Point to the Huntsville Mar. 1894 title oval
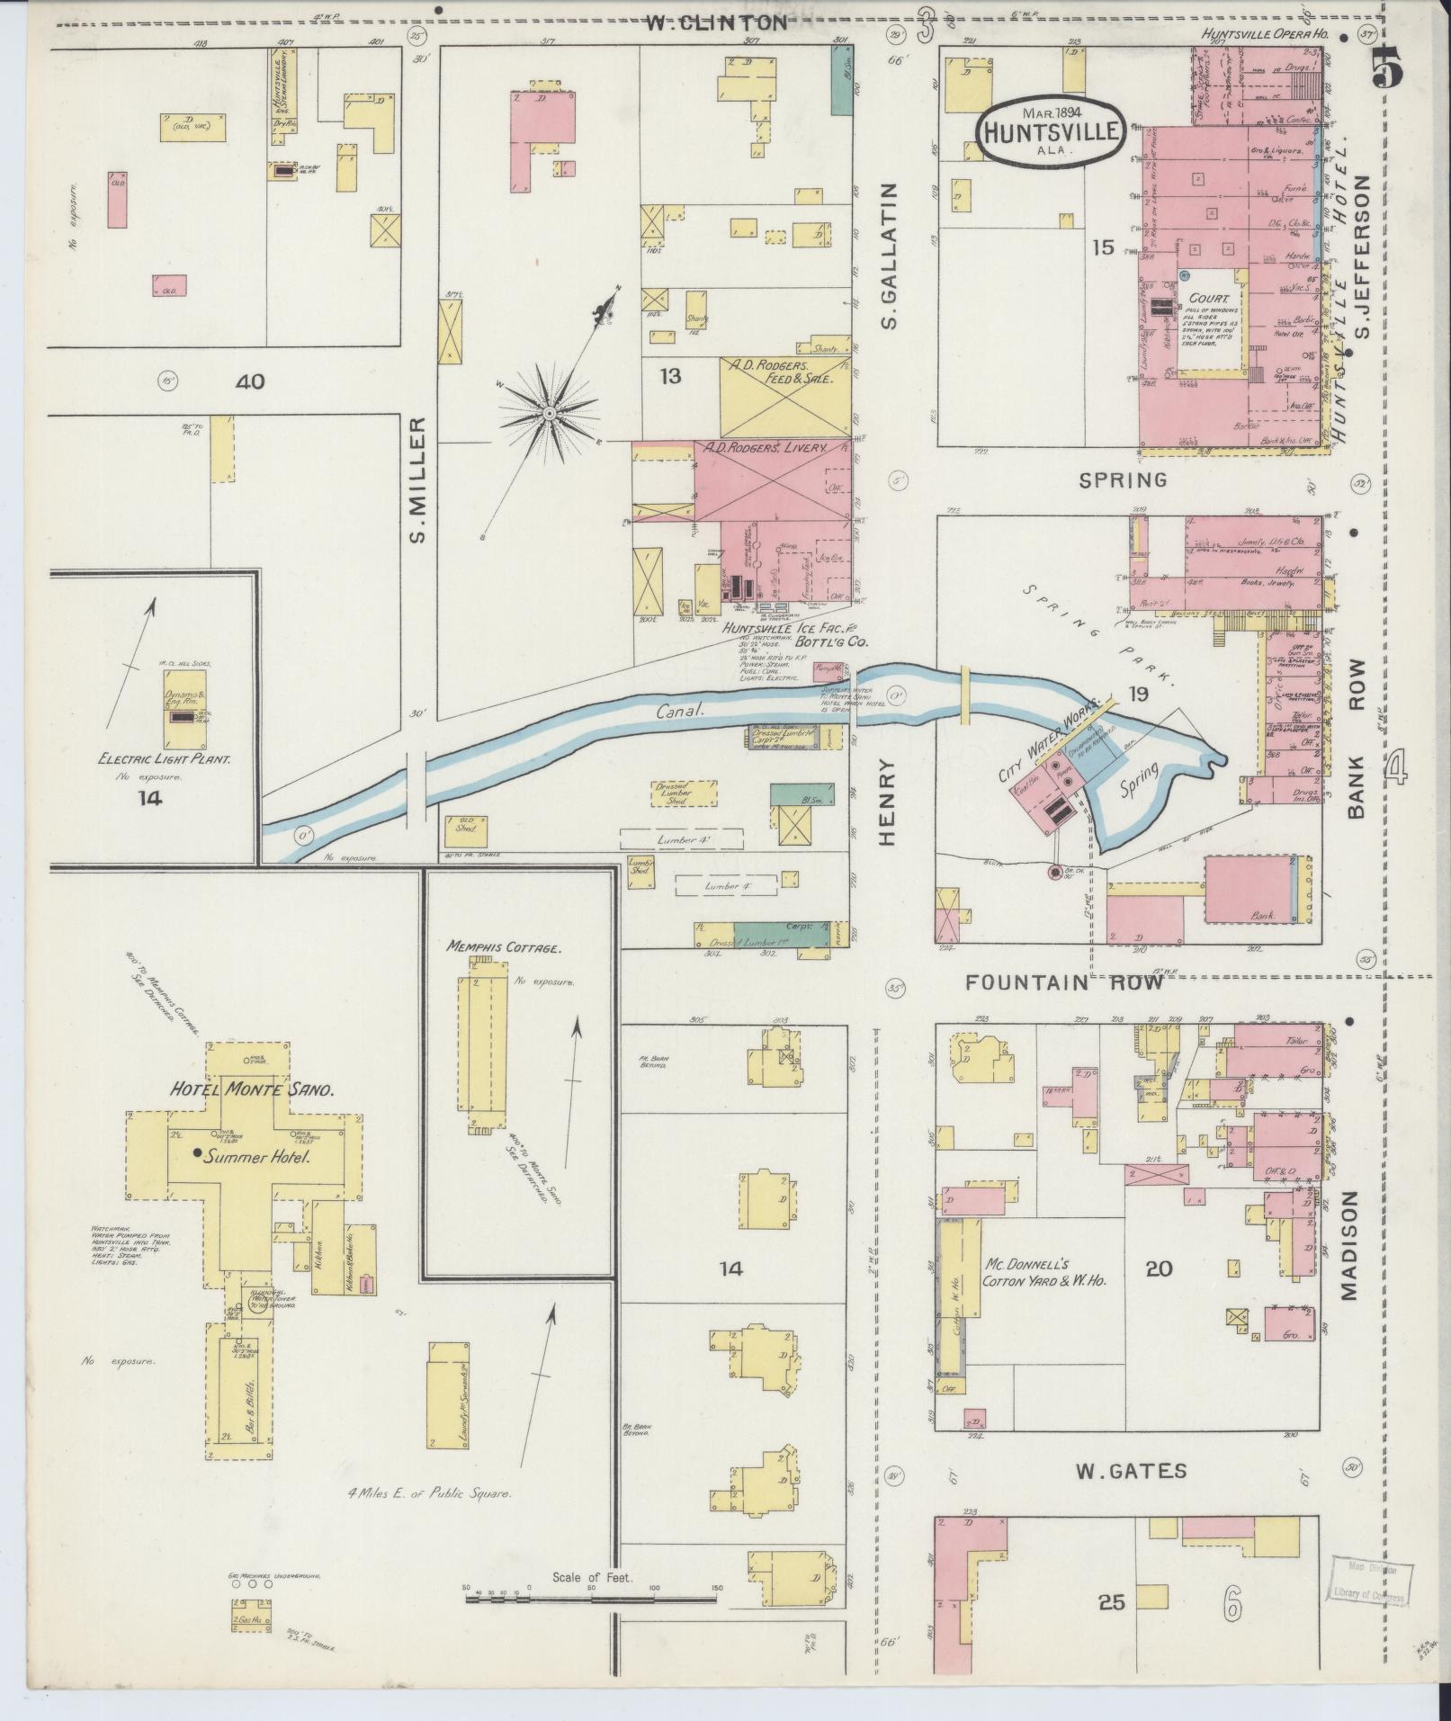1051,132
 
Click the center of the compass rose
548,413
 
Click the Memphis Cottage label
504,947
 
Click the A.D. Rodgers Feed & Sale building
784,397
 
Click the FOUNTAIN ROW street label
1063,983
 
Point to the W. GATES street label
1131,1471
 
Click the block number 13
669,376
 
